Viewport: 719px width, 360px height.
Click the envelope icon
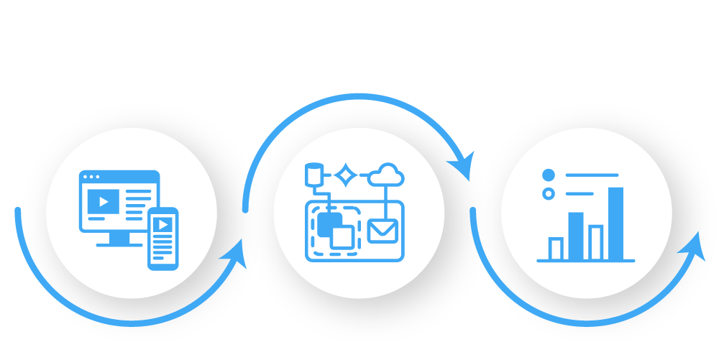click(x=382, y=231)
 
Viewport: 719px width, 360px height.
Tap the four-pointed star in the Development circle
click(x=347, y=175)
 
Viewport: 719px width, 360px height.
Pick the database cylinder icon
click(x=313, y=175)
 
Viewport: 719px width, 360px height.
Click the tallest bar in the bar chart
click(x=616, y=222)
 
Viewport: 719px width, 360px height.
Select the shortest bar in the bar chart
click(x=557, y=248)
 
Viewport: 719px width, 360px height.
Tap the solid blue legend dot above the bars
click(x=548, y=175)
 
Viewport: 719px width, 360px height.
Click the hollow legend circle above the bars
click(x=548, y=193)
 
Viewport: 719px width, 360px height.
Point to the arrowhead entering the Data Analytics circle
click(x=461, y=166)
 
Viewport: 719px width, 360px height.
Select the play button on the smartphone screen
click(x=164, y=224)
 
